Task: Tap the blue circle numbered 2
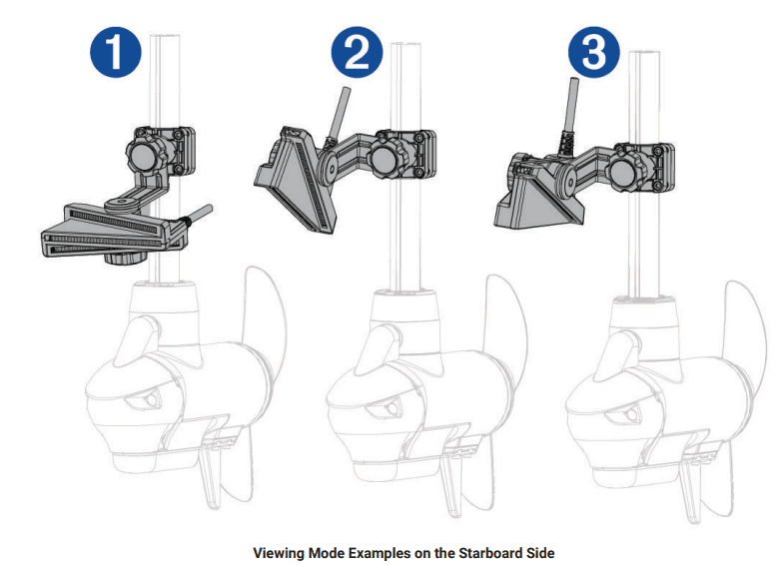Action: point(353,53)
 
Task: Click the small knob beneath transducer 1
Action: point(122,259)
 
